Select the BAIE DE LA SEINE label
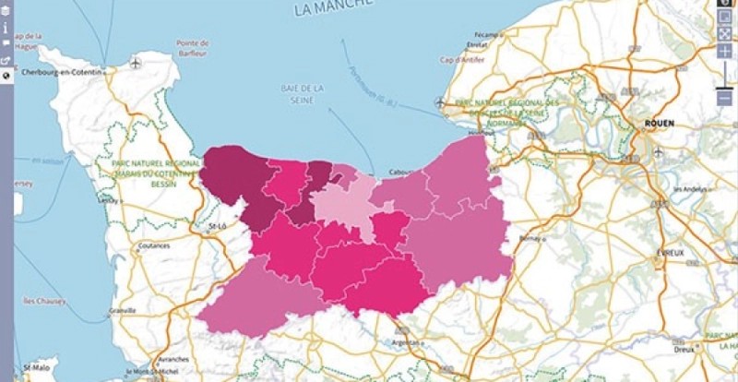pos(304,93)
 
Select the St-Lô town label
pos(218,224)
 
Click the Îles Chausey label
pos(42,300)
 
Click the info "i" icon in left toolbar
pos(6,28)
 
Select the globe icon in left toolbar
pos(6,76)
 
